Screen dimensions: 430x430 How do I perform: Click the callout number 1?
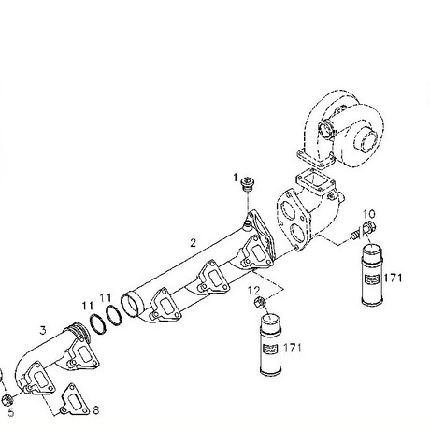[236, 178]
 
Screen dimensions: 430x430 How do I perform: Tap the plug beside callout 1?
[249, 184]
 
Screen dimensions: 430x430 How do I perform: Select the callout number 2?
[193, 243]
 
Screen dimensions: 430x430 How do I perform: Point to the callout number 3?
[43, 330]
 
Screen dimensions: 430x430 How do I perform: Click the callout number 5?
[11, 413]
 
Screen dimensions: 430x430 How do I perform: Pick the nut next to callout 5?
[7, 400]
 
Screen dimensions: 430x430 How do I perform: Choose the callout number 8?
[96, 410]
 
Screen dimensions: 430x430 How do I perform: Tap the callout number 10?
[369, 214]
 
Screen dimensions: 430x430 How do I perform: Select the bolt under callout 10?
[363, 230]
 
